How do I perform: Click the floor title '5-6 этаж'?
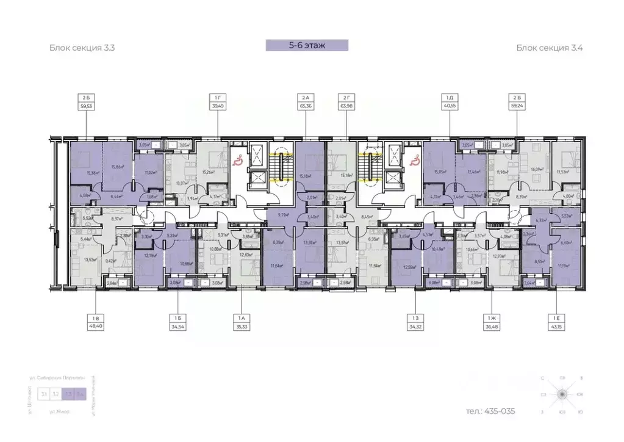click(x=307, y=45)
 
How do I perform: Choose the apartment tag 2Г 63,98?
click(x=347, y=101)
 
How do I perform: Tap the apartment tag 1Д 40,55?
click(x=450, y=101)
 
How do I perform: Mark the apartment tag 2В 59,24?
click(x=517, y=101)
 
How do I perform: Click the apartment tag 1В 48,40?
click(x=95, y=322)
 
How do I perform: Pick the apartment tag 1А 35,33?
click(x=240, y=322)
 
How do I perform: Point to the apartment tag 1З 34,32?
click(x=415, y=322)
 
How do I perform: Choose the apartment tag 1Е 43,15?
click(x=556, y=322)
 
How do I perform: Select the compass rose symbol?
click(x=560, y=395)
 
